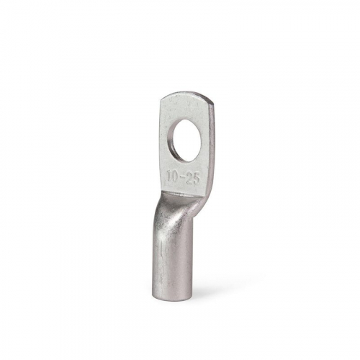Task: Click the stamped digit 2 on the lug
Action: pos(189,179)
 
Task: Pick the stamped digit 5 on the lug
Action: pos(196,179)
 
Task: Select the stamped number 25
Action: pos(193,179)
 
